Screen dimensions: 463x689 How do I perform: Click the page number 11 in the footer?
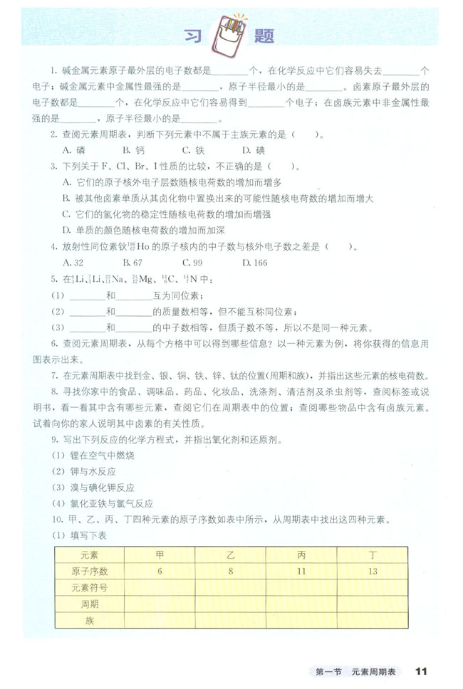pos(420,670)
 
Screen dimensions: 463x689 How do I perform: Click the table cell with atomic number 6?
pos(160,572)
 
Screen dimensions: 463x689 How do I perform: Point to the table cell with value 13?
pos(373,572)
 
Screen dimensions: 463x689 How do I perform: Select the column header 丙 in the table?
pos(302,555)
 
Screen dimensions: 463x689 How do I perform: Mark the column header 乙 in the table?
pos(230,555)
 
